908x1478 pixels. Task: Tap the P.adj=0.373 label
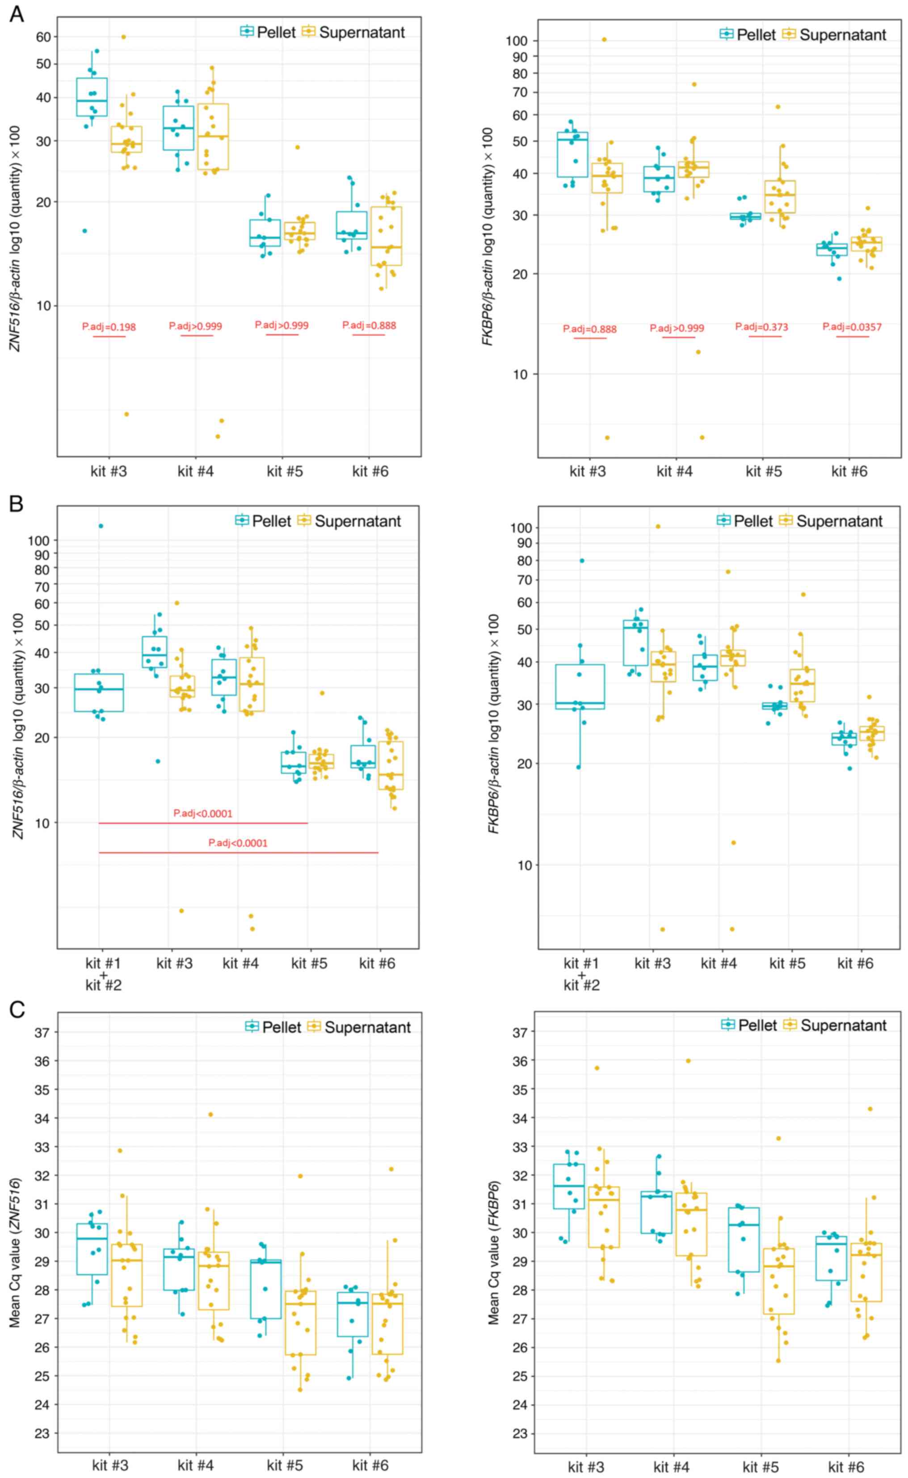pyautogui.click(x=761, y=327)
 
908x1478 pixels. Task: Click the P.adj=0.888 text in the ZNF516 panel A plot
pyautogui.click(x=369, y=325)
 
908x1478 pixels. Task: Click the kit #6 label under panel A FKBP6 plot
pyautogui.click(x=849, y=471)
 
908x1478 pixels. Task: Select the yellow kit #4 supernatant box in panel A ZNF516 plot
pyautogui.click(x=213, y=137)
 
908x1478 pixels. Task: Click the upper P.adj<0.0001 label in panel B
pyautogui.click(x=202, y=814)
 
